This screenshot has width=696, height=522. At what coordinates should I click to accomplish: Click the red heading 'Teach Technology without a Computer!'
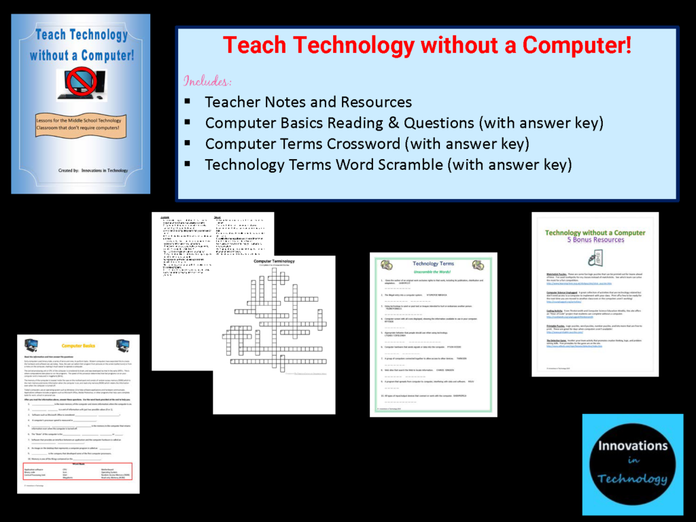tap(427, 46)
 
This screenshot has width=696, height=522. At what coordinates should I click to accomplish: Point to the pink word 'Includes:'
tap(207, 81)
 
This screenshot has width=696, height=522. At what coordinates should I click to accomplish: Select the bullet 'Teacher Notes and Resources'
tap(308, 102)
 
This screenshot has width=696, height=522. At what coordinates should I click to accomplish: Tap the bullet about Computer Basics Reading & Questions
tap(404, 123)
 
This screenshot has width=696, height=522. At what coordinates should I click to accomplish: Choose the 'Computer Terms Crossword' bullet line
tap(367, 144)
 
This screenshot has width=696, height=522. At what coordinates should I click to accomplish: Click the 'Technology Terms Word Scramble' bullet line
tap(388, 164)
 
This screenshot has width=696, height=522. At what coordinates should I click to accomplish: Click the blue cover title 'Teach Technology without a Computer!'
tap(81, 43)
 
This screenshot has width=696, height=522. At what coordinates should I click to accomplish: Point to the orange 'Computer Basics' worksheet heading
tap(78, 346)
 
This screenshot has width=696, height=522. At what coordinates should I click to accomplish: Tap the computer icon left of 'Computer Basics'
tap(31, 345)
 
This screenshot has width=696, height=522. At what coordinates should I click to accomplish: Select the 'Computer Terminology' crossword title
tap(274, 261)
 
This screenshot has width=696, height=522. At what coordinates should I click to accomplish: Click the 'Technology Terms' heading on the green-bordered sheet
tap(433, 264)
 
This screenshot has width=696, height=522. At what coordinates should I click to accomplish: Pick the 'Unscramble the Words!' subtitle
tap(433, 273)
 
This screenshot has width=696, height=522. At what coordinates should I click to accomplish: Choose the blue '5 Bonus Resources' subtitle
tap(595, 240)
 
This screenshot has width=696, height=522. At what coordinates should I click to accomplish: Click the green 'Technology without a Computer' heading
tap(595, 232)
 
